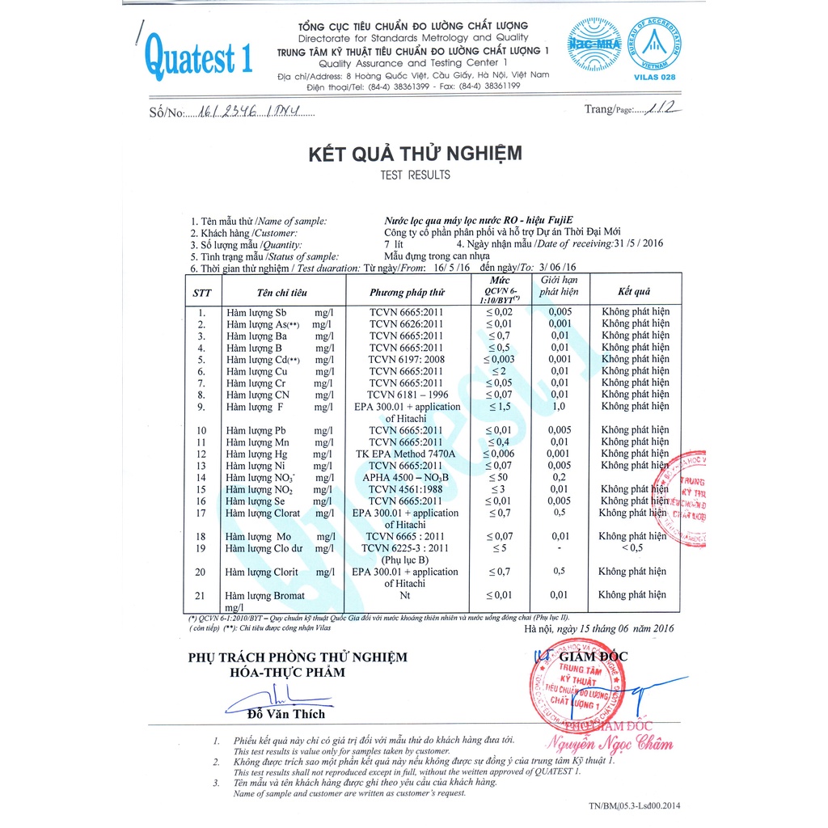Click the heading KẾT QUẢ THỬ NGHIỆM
(415, 153)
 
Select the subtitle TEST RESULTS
(415, 175)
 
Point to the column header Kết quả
(635, 292)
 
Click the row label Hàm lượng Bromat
(265, 596)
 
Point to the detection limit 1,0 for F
(559, 407)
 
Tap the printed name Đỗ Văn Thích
(287, 714)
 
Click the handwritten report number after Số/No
(250, 114)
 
